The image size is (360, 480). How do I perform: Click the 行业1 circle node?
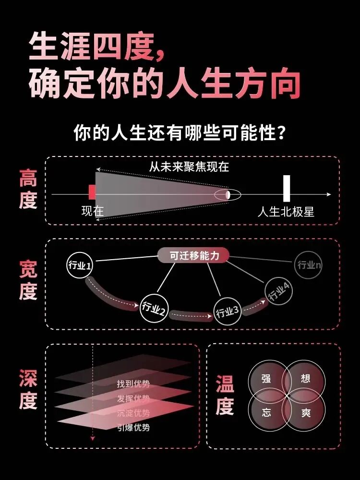pos(80,265)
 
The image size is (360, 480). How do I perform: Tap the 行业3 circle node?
pos(228,312)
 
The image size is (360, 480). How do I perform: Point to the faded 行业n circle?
pos(309,265)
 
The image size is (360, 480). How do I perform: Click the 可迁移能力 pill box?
pos(194,255)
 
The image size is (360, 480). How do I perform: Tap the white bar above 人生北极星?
pos(287,189)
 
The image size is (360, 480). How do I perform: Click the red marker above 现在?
pos(92,192)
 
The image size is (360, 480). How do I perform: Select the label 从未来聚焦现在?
pos(189,167)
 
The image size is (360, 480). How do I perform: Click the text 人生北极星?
pos(286,212)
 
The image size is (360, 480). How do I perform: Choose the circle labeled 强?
pos(266,379)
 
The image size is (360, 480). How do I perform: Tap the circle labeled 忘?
pos(266,412)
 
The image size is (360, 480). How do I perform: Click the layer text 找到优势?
pos(133,384)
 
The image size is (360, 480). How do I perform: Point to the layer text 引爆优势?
pos(133,427)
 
